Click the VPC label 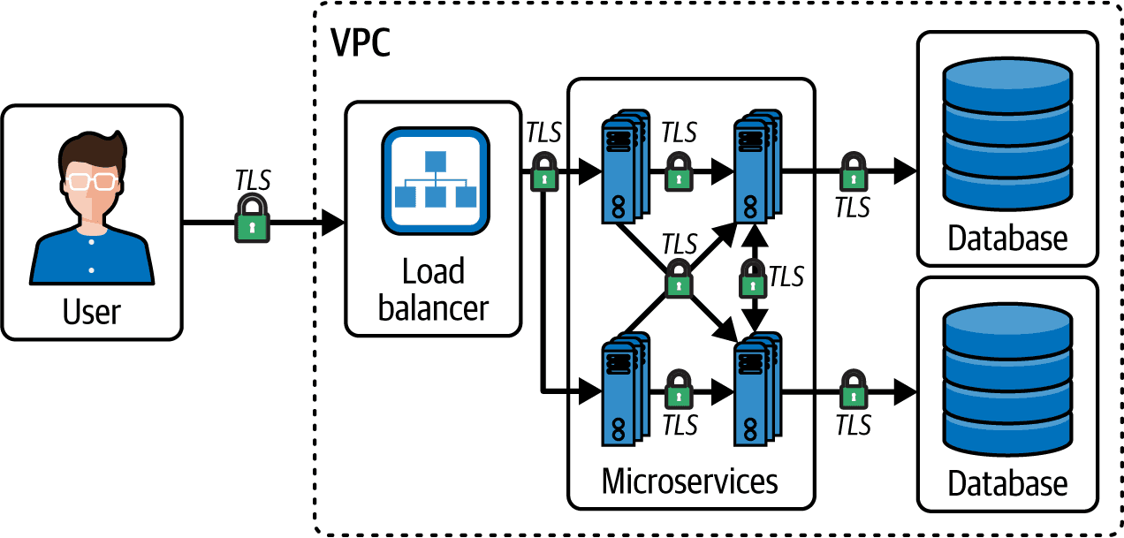click(x=361, y=42)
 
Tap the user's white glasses click(x=92, y=181)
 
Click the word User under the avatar click(x=92, y=312)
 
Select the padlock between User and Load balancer click(x=252, y=218)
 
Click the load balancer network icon click(x=436, y=181)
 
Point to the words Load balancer click(x=434, y=290)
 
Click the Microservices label click(x=690, y=481)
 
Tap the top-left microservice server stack click(x=626, y=166)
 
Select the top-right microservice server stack click(x=757, y=166)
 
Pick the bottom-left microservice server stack click(x=626, y=389)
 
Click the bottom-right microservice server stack click(x=757, y=389)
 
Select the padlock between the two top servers click(x=679, y=171)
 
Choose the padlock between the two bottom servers click(x=679, y=390)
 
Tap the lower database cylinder click(x=1007, y=379)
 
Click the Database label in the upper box click(x=1007, y=238)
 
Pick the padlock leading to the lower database click(x=853, y=390)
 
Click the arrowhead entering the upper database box click(x=905, y=171)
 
